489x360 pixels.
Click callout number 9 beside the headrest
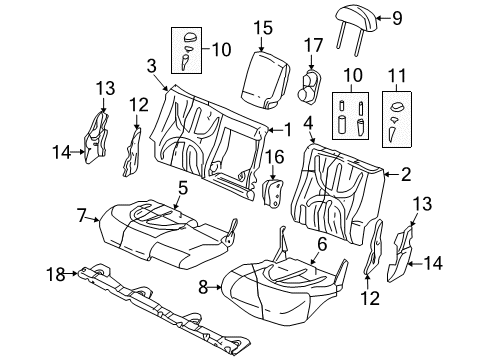(x=396, y=17)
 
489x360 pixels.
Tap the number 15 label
(x=262, y=28)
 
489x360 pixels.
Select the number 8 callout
(x=204, y=287)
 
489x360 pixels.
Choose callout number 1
(x=288, y=129)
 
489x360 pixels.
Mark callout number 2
(x=406, y=174)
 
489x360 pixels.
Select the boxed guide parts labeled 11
(x=399, y=117)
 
